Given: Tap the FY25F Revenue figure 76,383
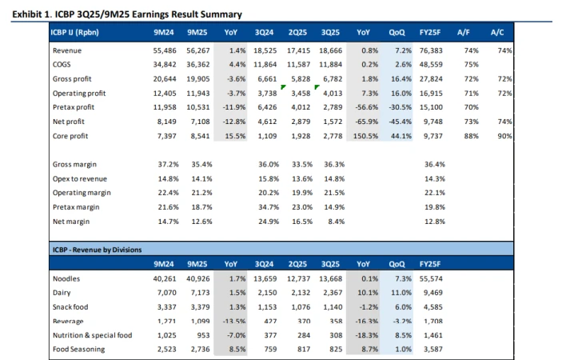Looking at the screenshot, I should [x=432, y=50].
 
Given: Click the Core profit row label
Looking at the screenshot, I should [x=70, y=137].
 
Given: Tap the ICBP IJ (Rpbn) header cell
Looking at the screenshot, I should [x=77, y=32].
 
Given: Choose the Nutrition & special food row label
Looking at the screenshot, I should [x=91, y=336].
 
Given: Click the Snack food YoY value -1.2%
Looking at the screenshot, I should [x=367, y=307].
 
